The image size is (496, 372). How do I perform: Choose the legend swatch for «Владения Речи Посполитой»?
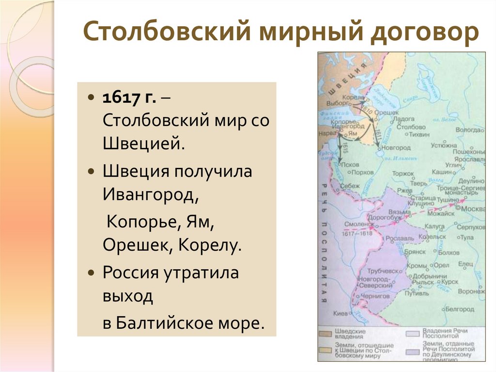413,334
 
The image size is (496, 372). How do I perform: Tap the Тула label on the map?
467,238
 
